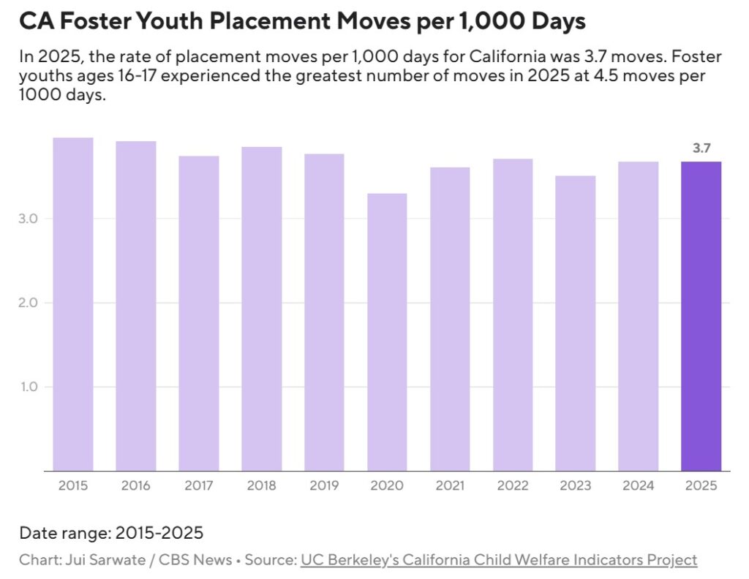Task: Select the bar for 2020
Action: [x=387, y=332]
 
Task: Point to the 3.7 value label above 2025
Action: [x=701, y=148]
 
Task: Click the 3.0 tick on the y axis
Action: [x=30, y=219]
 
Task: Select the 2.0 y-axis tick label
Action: [x=30, y=303]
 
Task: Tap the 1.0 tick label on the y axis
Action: [x=30, y=387]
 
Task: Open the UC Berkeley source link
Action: [x=498, y=560]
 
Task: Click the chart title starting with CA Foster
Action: [x=302, y=22]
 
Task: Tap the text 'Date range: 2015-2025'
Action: [x=111, y=532]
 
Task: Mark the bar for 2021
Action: [x=450, y=319]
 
